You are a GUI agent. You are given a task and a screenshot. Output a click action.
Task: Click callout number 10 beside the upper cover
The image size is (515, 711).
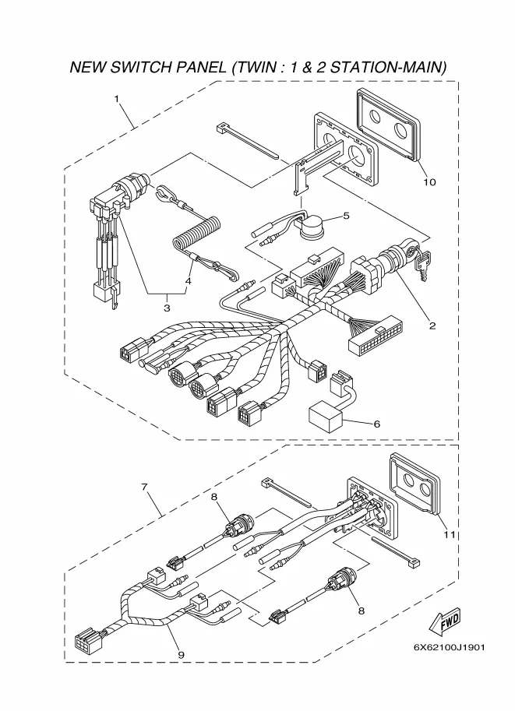pos(429,181)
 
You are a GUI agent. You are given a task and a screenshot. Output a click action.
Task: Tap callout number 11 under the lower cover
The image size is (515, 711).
pos(450,535)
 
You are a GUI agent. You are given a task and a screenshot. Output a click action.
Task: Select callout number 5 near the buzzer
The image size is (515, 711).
pos(346,216)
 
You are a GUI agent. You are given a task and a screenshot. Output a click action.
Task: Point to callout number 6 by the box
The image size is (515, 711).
pos(376,424)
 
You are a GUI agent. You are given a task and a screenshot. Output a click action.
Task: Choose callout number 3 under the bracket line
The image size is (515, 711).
pos(167,308)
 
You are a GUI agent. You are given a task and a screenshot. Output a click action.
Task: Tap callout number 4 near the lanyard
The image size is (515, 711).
pos(188,281)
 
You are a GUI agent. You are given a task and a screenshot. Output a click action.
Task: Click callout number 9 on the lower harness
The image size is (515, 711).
pos(181,655)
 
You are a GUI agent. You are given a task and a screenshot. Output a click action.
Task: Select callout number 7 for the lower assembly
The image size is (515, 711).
pos(144,487)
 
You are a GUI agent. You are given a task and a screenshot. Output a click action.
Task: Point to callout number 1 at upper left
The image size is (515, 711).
pos(117,98)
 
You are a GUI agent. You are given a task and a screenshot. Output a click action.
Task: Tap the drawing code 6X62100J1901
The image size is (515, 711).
pos(449,647)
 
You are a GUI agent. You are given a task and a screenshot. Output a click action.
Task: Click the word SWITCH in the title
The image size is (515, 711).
pos(141,67)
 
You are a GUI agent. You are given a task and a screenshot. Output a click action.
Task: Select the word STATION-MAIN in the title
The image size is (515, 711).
pos(388,67)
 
